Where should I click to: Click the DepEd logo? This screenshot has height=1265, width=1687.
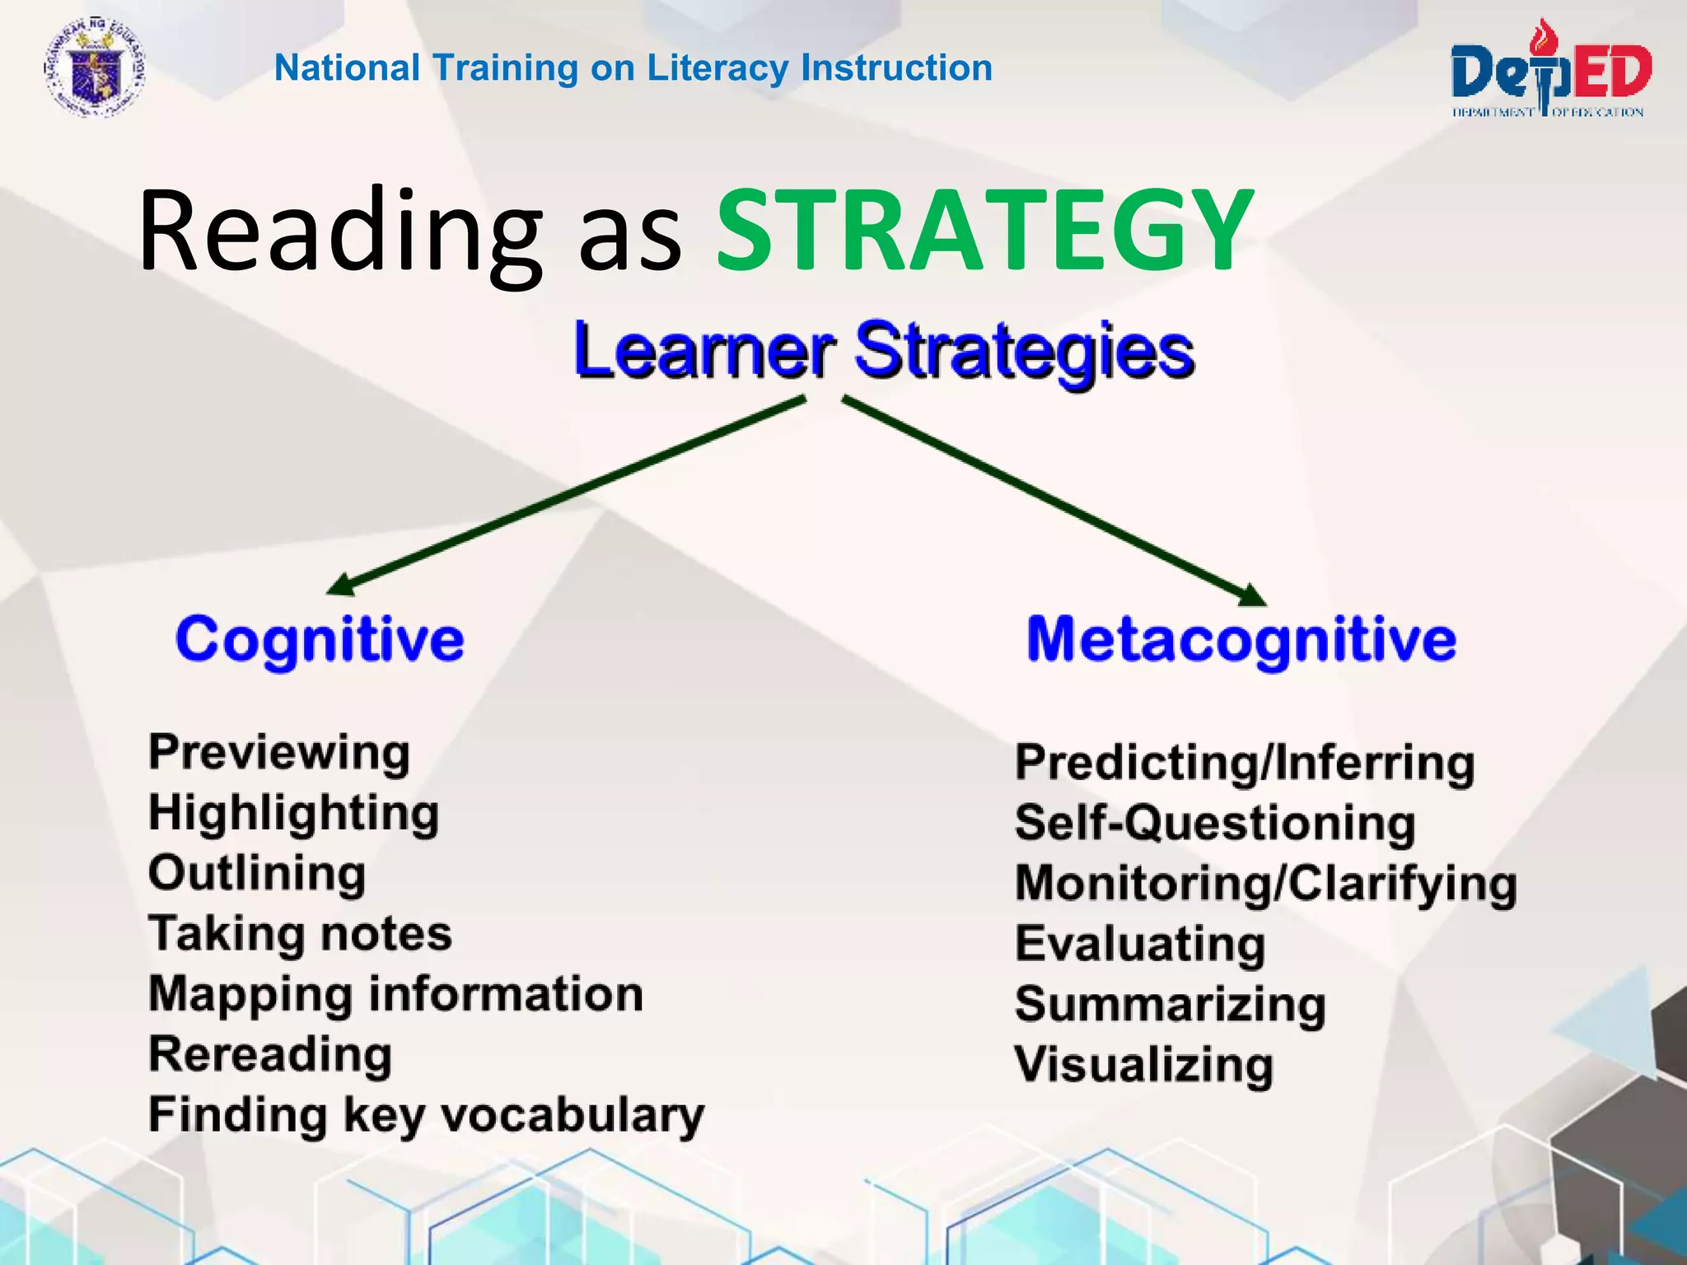1550,72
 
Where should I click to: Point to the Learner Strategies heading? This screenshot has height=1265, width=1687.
883,350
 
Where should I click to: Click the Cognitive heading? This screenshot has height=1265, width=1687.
320,640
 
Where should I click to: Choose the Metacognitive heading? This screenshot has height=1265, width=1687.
1241,640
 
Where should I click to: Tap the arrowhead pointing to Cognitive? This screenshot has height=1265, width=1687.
340,584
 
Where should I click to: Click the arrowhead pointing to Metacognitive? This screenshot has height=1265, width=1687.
1252,595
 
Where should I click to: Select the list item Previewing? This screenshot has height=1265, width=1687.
278,753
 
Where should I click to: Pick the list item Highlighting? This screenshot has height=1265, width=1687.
293,814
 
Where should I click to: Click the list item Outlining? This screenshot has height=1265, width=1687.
257,873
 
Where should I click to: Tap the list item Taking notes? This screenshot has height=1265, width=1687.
300,934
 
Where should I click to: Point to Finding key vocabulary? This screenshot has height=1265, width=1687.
426,1115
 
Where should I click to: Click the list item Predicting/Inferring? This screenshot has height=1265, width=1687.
1244,763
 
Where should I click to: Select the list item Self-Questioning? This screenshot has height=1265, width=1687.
1215,823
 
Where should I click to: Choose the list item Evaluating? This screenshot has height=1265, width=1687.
1140,943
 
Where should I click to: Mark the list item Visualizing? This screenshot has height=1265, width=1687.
1143,1064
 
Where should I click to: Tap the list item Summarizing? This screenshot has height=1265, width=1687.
1170,1004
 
